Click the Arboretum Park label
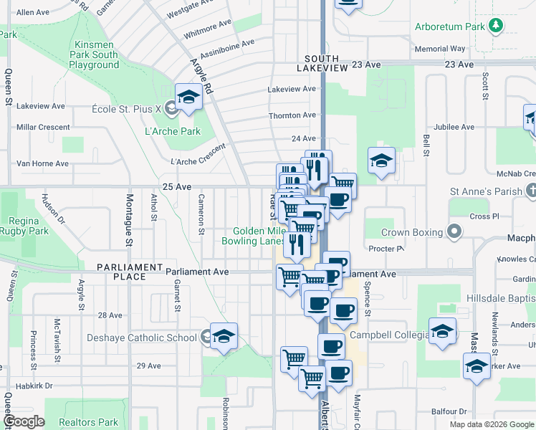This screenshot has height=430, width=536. click(450, 27)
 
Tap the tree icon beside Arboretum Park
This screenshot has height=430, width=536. click(495, 27)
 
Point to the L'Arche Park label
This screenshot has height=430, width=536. click(173, 131)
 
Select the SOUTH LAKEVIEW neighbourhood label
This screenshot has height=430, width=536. click(326, 63)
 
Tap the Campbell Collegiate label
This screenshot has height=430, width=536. click(389, 335)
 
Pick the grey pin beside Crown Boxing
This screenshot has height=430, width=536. click(454, 231)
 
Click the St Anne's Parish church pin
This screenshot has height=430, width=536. click(530, 191)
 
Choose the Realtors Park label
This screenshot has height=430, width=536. click(88, 423)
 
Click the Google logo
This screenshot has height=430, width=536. click(24, 421)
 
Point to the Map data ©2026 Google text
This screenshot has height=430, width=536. click(491, 424)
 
